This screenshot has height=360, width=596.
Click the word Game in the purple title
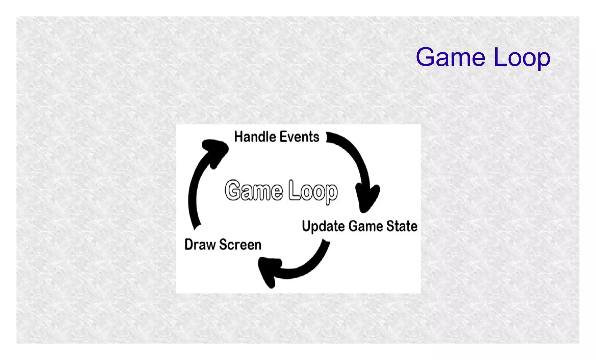450,57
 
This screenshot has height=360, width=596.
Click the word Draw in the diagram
200,244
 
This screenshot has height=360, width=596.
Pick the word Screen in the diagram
240,244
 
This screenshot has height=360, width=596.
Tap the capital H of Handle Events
239,137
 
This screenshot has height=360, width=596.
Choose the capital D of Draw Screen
189,244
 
